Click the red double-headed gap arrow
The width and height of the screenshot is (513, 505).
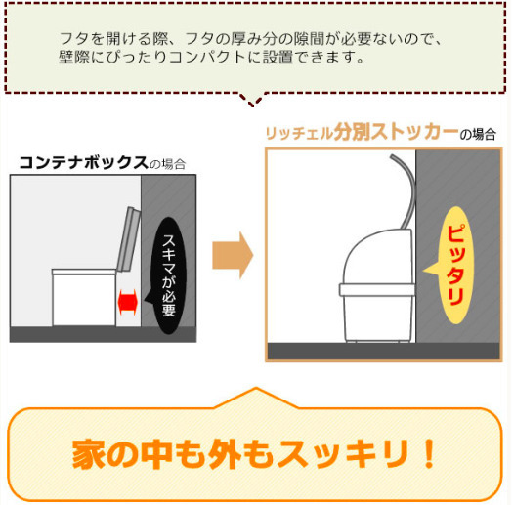pos(127,302)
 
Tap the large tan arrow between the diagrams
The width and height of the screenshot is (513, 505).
pos(233,255)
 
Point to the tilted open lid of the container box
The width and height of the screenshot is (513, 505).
pos(129,239)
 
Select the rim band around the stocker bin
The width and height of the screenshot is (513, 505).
pos(377,290)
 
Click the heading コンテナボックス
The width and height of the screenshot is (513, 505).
pos(84,162)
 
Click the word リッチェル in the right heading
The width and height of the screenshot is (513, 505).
pos(299,134)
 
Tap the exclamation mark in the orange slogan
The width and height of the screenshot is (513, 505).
pos(428,453)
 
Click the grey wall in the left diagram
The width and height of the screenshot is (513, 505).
pos(168,250)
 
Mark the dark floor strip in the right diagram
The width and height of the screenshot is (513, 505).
pos(383,351)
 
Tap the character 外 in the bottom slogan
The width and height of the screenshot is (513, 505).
pos(225,454)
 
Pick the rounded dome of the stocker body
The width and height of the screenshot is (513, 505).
pos(377,257)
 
